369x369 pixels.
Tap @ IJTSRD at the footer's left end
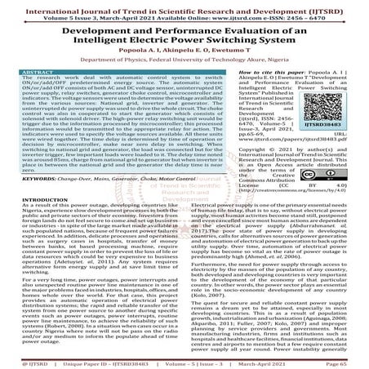tap(20, 362)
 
